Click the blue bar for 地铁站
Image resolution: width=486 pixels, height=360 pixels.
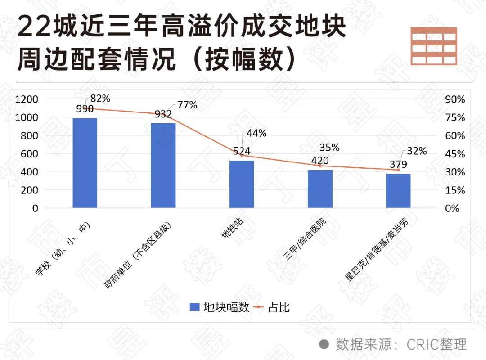(242, 184)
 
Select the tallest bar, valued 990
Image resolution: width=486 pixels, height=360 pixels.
(85, 163)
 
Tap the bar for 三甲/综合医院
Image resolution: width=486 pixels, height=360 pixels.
(320, 189)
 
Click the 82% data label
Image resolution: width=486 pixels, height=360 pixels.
(100, 99)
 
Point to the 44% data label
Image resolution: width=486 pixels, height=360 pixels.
(256, 133)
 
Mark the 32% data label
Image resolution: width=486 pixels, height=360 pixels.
(417, 151)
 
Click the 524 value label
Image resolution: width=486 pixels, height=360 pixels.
(242, 151)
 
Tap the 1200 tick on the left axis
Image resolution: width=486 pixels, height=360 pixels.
(27, 99)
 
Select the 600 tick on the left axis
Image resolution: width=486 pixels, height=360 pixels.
(30, 154)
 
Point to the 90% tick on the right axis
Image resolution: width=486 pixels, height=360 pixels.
(455, 99)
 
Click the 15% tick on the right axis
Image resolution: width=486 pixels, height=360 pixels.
(455, 190)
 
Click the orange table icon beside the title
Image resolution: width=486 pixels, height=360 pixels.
(434, 45)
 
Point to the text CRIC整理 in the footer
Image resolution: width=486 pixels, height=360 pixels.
(436, 344)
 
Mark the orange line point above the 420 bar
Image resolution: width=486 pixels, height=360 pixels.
(320, 166)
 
